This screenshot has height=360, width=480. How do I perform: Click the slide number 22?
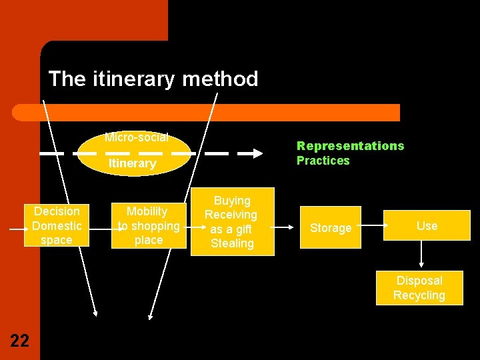[20, 341]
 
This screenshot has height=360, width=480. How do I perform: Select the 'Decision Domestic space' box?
[56, 225]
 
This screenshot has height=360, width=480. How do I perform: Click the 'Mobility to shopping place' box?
[148, 225]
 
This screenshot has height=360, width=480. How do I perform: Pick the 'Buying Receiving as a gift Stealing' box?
[231, 221]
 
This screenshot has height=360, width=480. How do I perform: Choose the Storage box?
[330, 228]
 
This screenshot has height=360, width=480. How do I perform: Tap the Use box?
[427, 225]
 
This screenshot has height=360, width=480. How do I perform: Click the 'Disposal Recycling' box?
[419, 288]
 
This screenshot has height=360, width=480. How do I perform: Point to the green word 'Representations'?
[350, 146]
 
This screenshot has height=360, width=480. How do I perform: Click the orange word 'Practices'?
[323, 161]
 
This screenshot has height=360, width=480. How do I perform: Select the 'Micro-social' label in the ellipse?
[136, 138]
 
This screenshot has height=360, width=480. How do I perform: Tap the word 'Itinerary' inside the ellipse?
[132, 163]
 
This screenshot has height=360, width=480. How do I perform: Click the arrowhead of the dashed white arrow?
[257, 153]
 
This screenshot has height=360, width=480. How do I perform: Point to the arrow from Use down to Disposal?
[421, 255]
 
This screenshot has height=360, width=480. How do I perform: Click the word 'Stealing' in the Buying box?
[232, 243]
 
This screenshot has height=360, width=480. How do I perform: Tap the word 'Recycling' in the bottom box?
[419, 295]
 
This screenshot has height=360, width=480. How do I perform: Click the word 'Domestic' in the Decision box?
[57, 226]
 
